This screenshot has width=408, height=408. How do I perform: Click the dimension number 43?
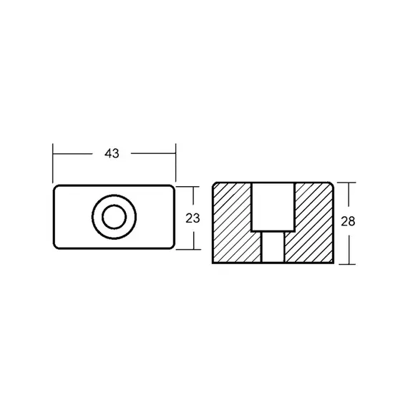coord(112,153)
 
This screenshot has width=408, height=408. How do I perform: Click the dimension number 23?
coord(193,218)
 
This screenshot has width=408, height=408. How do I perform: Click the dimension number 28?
coord(348,221)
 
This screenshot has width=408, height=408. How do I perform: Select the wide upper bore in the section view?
coord(273,207)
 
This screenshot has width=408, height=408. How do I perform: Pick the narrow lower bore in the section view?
coord(273,247)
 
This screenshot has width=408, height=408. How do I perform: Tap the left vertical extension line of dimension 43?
coord(53,163)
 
